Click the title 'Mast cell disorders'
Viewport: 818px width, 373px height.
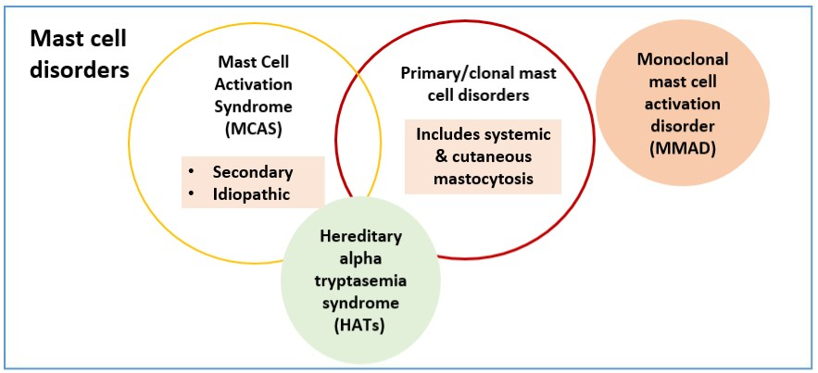(x=79, y=54)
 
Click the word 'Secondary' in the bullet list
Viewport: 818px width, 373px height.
(x=252, y=172)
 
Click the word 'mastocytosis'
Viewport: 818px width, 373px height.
(x=484, y=179)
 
